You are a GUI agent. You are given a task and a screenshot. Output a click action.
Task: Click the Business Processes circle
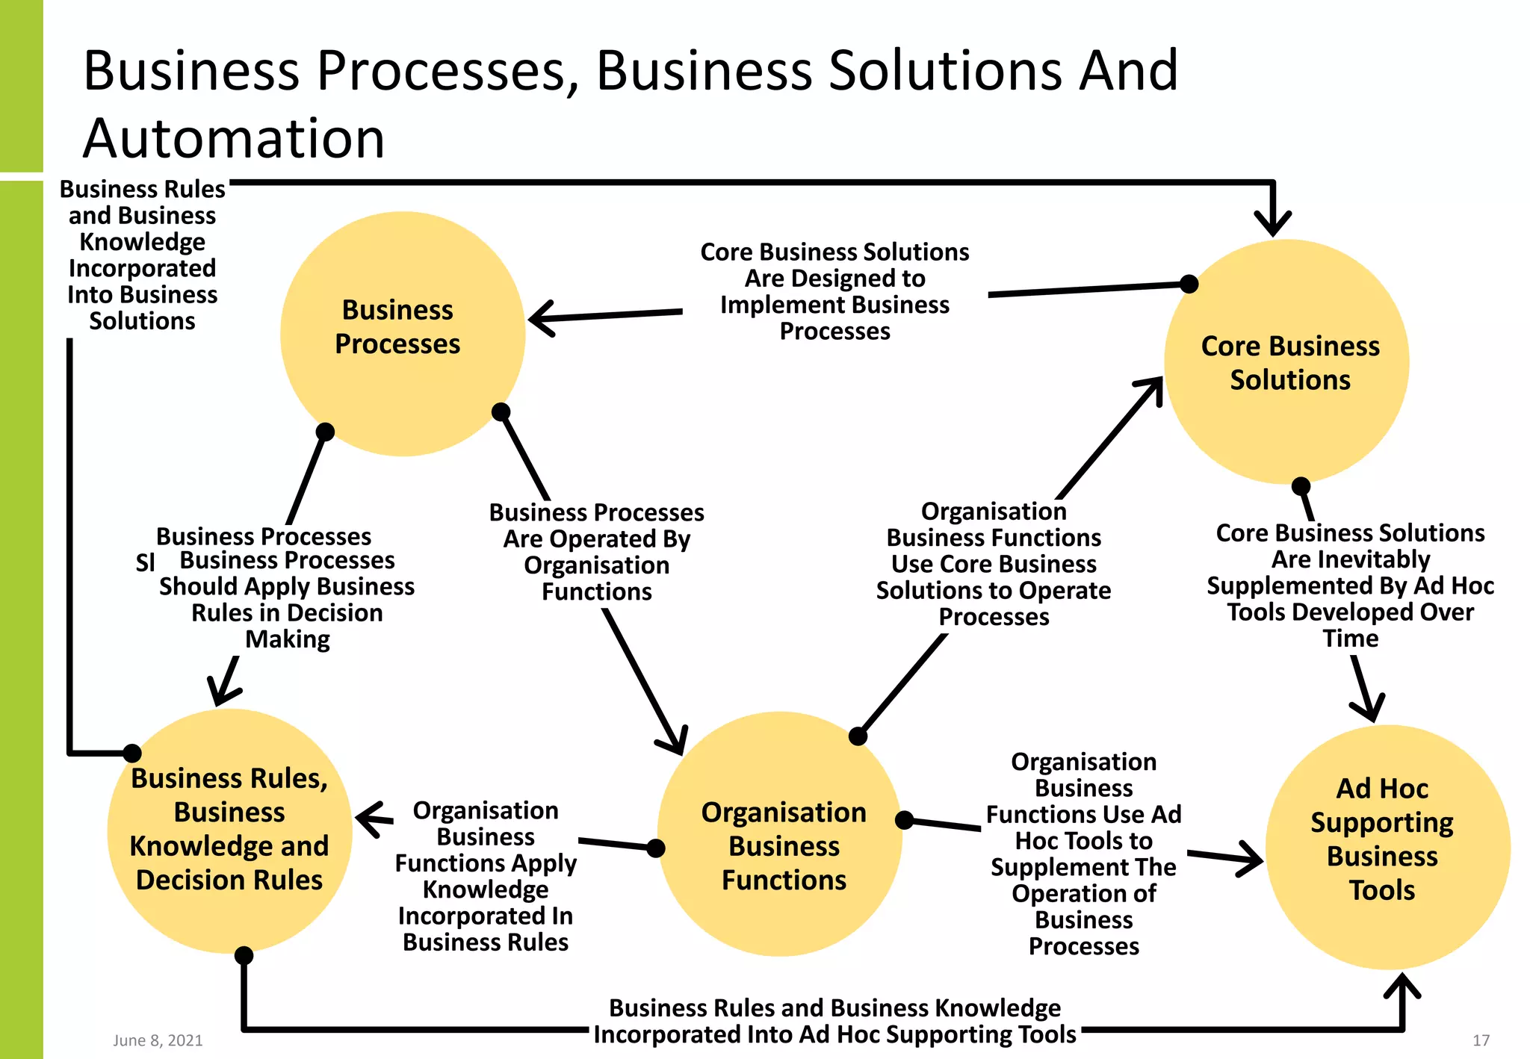point(402,333)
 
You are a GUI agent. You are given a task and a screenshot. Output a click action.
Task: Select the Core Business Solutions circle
point(1286,361)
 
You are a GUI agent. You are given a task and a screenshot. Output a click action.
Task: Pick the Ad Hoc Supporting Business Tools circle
point(1387,847)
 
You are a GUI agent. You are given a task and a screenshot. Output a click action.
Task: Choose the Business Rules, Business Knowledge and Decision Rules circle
point(229,830)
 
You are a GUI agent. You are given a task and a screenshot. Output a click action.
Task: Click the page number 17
point(1481,1040)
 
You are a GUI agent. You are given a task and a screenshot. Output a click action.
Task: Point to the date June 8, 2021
point(158,1040)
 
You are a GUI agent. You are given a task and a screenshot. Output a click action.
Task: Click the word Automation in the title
point(234,139)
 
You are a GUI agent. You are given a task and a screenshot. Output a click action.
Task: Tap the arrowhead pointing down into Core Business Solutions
point(1273,224)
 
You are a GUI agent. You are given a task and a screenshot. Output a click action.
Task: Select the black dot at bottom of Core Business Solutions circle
point(1301,486)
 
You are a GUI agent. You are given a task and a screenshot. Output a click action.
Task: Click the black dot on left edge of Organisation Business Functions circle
point(656,848)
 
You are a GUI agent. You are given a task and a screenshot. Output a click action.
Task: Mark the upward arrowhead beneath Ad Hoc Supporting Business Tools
point(1402,986)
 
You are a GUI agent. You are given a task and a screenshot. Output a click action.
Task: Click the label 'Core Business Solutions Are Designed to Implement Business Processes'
point(834,291)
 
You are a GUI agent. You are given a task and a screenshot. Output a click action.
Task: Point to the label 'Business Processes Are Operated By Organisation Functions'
point(596,552)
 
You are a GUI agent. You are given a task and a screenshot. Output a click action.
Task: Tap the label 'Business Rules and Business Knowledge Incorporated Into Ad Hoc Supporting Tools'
point(834,1021)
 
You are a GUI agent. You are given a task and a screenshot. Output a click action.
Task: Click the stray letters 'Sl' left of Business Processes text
point(145,562)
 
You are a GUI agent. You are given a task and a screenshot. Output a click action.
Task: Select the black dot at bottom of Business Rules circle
point(244,955)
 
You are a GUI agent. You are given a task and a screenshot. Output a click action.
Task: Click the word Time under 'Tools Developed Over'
point(1350,639)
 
